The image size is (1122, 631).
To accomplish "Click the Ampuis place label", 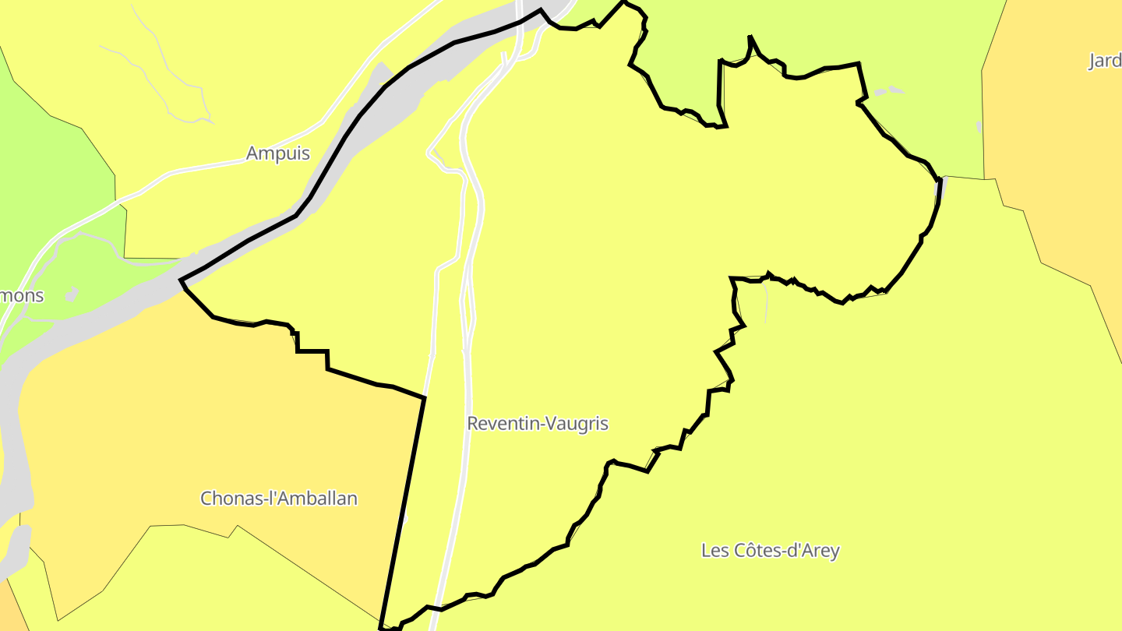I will (x=277, y=153).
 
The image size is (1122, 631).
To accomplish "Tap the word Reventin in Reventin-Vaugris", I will (x=503, y=424).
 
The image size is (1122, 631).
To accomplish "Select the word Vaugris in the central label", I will (x=577, y=424).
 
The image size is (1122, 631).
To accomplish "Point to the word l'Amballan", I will (x=312, y=499).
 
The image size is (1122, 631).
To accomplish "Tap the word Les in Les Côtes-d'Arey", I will (x=714, y=551).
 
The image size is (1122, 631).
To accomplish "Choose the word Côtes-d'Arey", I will (x=786, y=551).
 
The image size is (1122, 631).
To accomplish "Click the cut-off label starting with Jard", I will (x=1105, y=61).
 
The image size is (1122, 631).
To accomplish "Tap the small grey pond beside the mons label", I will (x=72, y=294).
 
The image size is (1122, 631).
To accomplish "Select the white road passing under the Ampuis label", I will (x=234, y=163).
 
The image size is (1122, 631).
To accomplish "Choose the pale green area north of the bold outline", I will (x=818, y=31).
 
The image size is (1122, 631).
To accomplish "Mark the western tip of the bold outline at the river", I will (x=182, y=280).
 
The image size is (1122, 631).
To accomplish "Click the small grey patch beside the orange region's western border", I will (x=979, y=126).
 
